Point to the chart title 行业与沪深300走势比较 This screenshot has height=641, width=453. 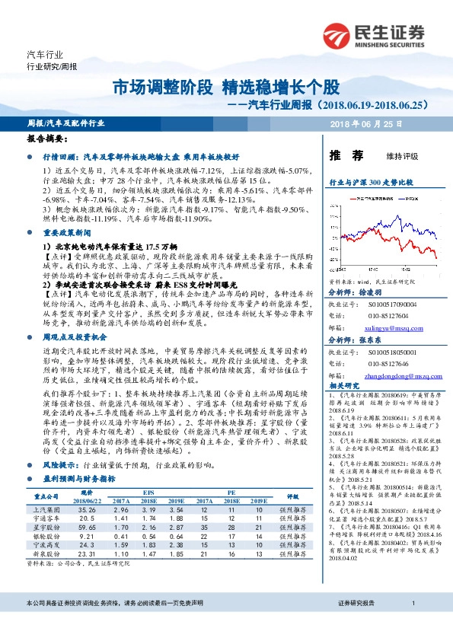370,183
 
